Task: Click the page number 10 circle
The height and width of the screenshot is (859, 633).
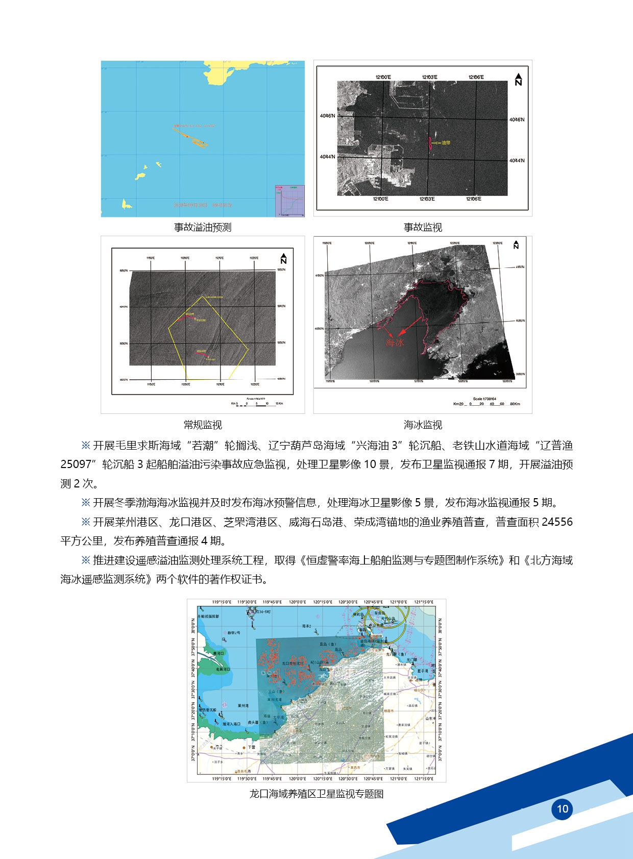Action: pos(562,808)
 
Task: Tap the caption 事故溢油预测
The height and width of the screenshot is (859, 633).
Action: pos(203,227)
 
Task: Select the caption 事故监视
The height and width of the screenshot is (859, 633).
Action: pos(423,227)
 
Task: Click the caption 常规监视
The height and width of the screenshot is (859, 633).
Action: pos(203,425)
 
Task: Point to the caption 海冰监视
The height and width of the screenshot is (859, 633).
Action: pos(423,425)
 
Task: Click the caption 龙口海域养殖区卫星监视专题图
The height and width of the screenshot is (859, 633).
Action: pos(316,794)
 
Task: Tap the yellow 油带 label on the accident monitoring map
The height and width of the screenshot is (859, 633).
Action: pos(446,143)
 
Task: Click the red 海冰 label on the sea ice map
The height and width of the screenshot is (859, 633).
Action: pos(395,343)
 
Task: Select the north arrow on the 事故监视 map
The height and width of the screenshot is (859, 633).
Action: pos(518,79)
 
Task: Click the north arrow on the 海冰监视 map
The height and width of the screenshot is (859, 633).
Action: pos(516,245)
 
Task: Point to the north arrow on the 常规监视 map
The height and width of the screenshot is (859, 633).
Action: pos(283,259)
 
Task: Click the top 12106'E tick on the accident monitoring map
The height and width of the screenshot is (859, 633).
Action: pos(476,77)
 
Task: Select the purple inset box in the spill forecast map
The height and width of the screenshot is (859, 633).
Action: pos(289,201)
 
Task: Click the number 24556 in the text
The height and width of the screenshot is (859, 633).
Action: pos(557,522)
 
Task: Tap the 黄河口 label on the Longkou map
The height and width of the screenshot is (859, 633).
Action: pos(217,653)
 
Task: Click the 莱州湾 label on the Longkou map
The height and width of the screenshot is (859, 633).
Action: pos(244,706)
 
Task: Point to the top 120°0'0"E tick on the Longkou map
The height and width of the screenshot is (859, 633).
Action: pos(297,602)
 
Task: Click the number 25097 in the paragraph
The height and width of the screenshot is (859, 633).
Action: pos(76,464)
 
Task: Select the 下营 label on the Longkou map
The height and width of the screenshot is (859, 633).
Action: pos(251,747)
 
